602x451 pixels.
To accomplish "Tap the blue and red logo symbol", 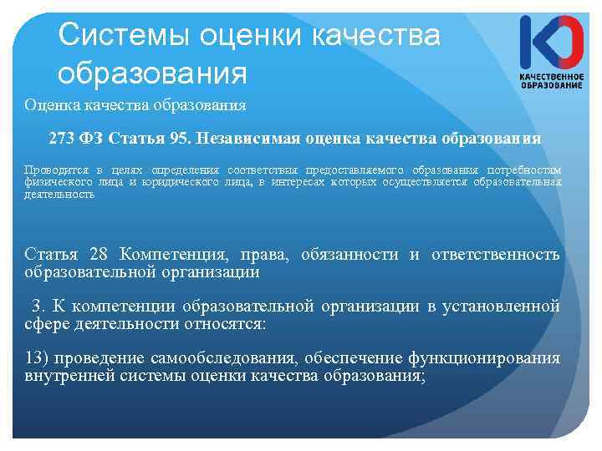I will [551, 42].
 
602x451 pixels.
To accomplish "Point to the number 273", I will [64, 137].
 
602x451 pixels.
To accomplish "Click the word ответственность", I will [496, 254].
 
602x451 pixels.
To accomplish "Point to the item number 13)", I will [38, 358].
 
